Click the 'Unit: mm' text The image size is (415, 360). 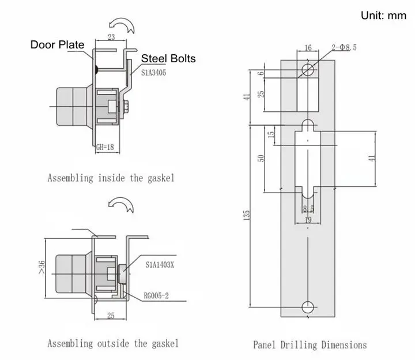(383, 16)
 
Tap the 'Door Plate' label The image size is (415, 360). (57, 44)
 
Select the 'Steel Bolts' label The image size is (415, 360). (168, 58)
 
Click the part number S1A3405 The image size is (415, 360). (151, 73)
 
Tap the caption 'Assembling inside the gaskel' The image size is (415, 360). (111, 178)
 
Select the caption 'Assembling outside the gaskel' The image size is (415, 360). (112, 344)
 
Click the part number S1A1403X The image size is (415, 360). (160, 265)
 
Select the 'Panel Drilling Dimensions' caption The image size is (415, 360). (310, 345)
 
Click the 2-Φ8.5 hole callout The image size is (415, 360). (345, 47)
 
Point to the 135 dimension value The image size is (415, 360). (247, 215)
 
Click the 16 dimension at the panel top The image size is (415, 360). (308, 48)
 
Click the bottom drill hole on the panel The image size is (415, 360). (308, 306)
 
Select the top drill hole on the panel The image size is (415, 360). (308, 70)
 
